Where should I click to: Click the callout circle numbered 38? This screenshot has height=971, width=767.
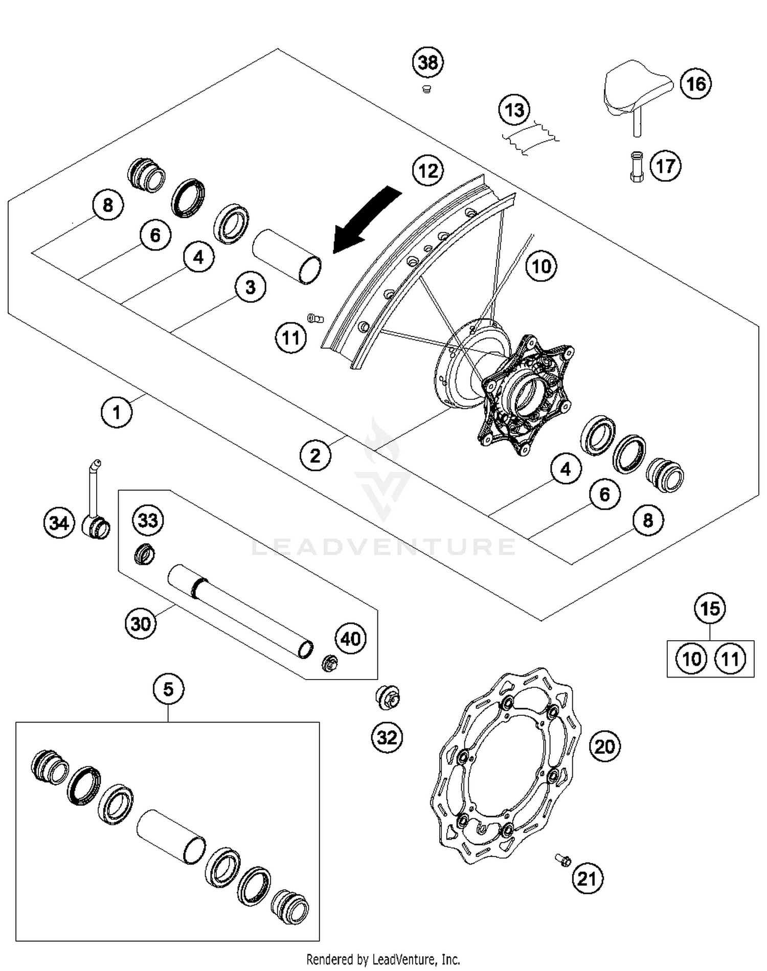pyautogui.click(x=428, y=62)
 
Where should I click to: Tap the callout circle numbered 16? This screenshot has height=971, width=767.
pyautogui.click(x=695, y=84)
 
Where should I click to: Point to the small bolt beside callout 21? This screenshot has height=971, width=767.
pyautogui.click(x=563, y=861)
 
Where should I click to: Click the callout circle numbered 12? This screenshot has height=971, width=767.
pyautogui.click(x=428, y=170)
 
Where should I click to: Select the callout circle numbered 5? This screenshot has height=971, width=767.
pyautogui.click(x=168, y=689)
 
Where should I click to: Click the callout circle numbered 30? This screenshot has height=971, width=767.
pyautogui.click(x=141, y=624)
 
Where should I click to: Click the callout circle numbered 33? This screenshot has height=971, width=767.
pyautogui.click(x=148, y=521)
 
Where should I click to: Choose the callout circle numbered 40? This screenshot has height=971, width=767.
pyautogui.click(x=351, y=639)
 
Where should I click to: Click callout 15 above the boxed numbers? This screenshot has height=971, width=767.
pyautogui.click(x=710, y=608)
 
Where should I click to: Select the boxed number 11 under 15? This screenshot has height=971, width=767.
pyautogui.click(x=730, y=659)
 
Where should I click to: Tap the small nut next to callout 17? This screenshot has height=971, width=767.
pyautogui.click(x=636, y=166)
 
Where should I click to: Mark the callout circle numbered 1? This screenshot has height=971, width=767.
pyautogui.click(x=117, y=412)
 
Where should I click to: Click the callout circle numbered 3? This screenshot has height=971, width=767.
pyautogui.click(x=251, y=287)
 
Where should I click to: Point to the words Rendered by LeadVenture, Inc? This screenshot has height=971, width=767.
pyautogui.click(x=383, y=959)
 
